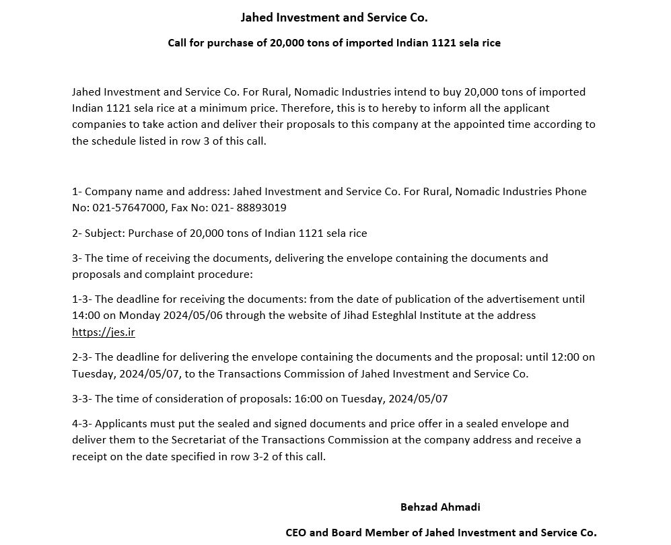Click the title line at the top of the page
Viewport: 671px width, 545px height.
pyautogui.click(x=334, y=17)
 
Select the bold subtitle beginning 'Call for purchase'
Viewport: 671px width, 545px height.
pyautogui.click(x=334, y=43)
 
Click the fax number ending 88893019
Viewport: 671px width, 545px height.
pyautogui.click(x=258, y=208)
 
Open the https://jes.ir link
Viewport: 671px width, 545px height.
pyautogui.click(x=104, y=332)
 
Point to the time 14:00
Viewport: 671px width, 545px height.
pyautogui.click(x=85, y=315)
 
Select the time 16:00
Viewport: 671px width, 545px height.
pyautogui.click(x=308, y=398)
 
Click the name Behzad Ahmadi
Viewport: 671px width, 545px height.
pyautogui.click(x=440, y=507)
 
